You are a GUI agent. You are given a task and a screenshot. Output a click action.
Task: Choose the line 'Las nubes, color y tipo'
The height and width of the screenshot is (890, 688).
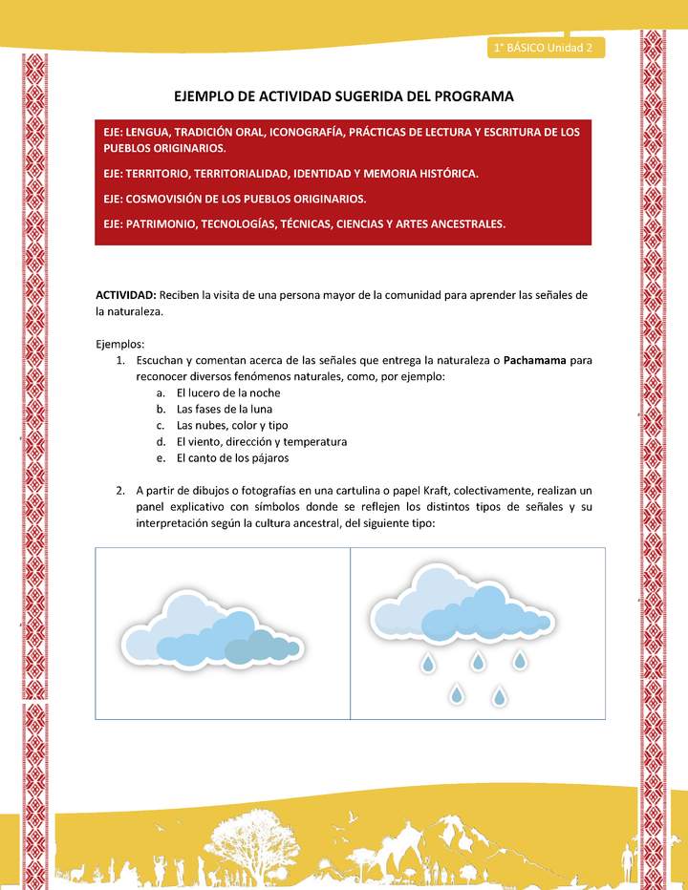[x=232, y=425]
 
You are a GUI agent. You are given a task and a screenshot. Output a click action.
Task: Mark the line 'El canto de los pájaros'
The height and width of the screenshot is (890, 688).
[x=233, y=458]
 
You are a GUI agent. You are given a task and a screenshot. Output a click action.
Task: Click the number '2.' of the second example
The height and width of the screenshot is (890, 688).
[x=121, y=491]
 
